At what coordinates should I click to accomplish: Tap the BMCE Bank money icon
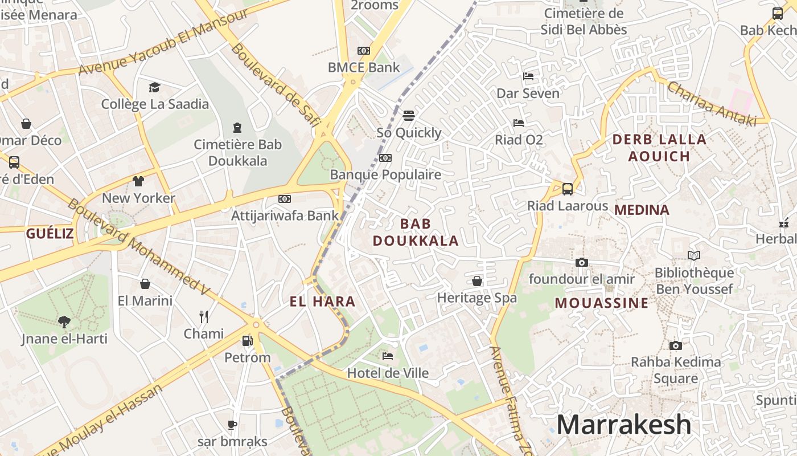364,51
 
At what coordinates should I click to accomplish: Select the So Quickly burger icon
408,116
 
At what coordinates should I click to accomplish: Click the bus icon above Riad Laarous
567,189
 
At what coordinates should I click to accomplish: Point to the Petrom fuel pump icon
247,340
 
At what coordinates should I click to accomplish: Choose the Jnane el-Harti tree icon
64,321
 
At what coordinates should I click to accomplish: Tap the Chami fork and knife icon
204,316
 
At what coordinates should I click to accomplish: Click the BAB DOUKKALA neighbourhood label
416,232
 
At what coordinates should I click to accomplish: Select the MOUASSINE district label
602,303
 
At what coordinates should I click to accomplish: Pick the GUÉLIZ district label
50,233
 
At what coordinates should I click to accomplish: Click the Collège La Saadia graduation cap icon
154,87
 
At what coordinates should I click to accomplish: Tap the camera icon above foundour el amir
581,262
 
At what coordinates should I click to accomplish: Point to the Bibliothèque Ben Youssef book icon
693,255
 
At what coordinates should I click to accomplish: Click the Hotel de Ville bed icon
388,356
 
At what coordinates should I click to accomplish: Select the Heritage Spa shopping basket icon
477,281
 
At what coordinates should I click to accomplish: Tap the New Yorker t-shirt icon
138,181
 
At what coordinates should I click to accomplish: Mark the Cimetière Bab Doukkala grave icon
237,128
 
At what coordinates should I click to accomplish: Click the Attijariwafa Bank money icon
285,199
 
